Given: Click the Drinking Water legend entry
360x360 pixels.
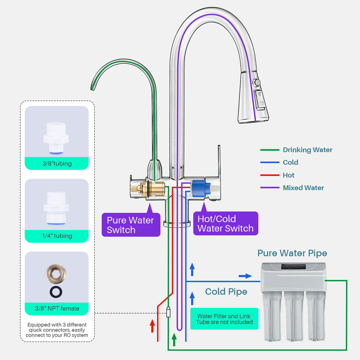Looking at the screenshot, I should click(x=307, y=150).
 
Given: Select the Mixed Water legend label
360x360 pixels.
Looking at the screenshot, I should click(x=303, y=188).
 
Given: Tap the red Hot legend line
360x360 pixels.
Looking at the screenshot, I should click(x=270, y=175).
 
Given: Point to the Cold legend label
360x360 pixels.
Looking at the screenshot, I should click(x=290, y=163).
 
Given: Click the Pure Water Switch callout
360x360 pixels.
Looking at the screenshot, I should click(x=131, y=225).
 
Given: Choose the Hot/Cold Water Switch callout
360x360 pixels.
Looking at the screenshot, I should click(x=226, y=224).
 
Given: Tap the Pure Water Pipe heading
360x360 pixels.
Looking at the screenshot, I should click(x=292, y=253).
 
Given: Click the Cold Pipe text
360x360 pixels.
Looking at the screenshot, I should click(x=226, y=292).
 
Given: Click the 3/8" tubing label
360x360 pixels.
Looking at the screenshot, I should click(x=57, y=164).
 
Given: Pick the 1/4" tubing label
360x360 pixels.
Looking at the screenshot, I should click(x=57, y=236).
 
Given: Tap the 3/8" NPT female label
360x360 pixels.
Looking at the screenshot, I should click(x=57, y=308).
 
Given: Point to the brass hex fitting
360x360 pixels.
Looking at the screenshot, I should click(x=56, y=274).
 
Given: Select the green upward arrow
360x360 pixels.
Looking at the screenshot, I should click(x=174, y=340).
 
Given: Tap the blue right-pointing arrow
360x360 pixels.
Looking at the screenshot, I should click(x=245, y=276).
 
